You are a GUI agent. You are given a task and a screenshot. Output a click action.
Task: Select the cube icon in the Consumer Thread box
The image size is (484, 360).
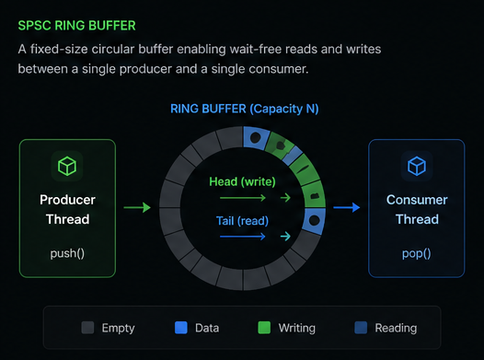417,166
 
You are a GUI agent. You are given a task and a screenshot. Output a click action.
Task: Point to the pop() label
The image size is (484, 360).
417,252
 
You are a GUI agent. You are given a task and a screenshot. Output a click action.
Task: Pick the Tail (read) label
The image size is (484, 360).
243,220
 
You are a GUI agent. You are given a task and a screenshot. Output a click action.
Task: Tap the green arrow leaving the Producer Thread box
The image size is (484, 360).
136,208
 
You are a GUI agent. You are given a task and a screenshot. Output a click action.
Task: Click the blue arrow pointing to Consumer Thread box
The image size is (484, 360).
346,208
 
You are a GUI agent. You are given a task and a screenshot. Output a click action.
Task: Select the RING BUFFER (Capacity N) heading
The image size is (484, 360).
244,109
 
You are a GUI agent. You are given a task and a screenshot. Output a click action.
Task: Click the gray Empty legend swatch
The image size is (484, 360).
87,327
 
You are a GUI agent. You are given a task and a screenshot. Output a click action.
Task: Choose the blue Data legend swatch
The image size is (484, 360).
181,327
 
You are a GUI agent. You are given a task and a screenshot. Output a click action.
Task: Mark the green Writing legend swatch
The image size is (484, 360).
264,327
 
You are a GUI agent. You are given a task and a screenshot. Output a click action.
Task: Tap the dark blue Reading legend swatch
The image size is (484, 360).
359,327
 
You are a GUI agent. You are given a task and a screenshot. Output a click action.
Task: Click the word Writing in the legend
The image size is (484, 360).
296,328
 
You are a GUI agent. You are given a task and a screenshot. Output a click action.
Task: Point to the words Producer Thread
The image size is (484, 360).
67,209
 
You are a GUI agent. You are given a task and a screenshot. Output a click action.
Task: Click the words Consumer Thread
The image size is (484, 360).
417,209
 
